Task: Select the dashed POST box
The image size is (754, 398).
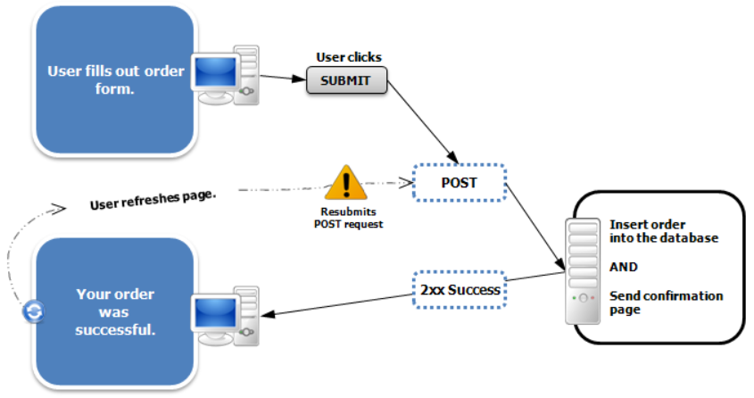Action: pyautogui.click(x=460, y=183)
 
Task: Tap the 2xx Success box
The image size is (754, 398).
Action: pyautogui.click(x=460, y=289)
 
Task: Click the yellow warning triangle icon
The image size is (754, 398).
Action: pyautogui.click(x=346, y=183)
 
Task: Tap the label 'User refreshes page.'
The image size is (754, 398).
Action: pyautogui.click(x=153, y=198)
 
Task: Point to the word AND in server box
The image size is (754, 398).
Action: pyautogui.click(x=624, y=267)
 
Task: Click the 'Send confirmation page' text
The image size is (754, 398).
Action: pyautogui.click(x=666, y=303)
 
